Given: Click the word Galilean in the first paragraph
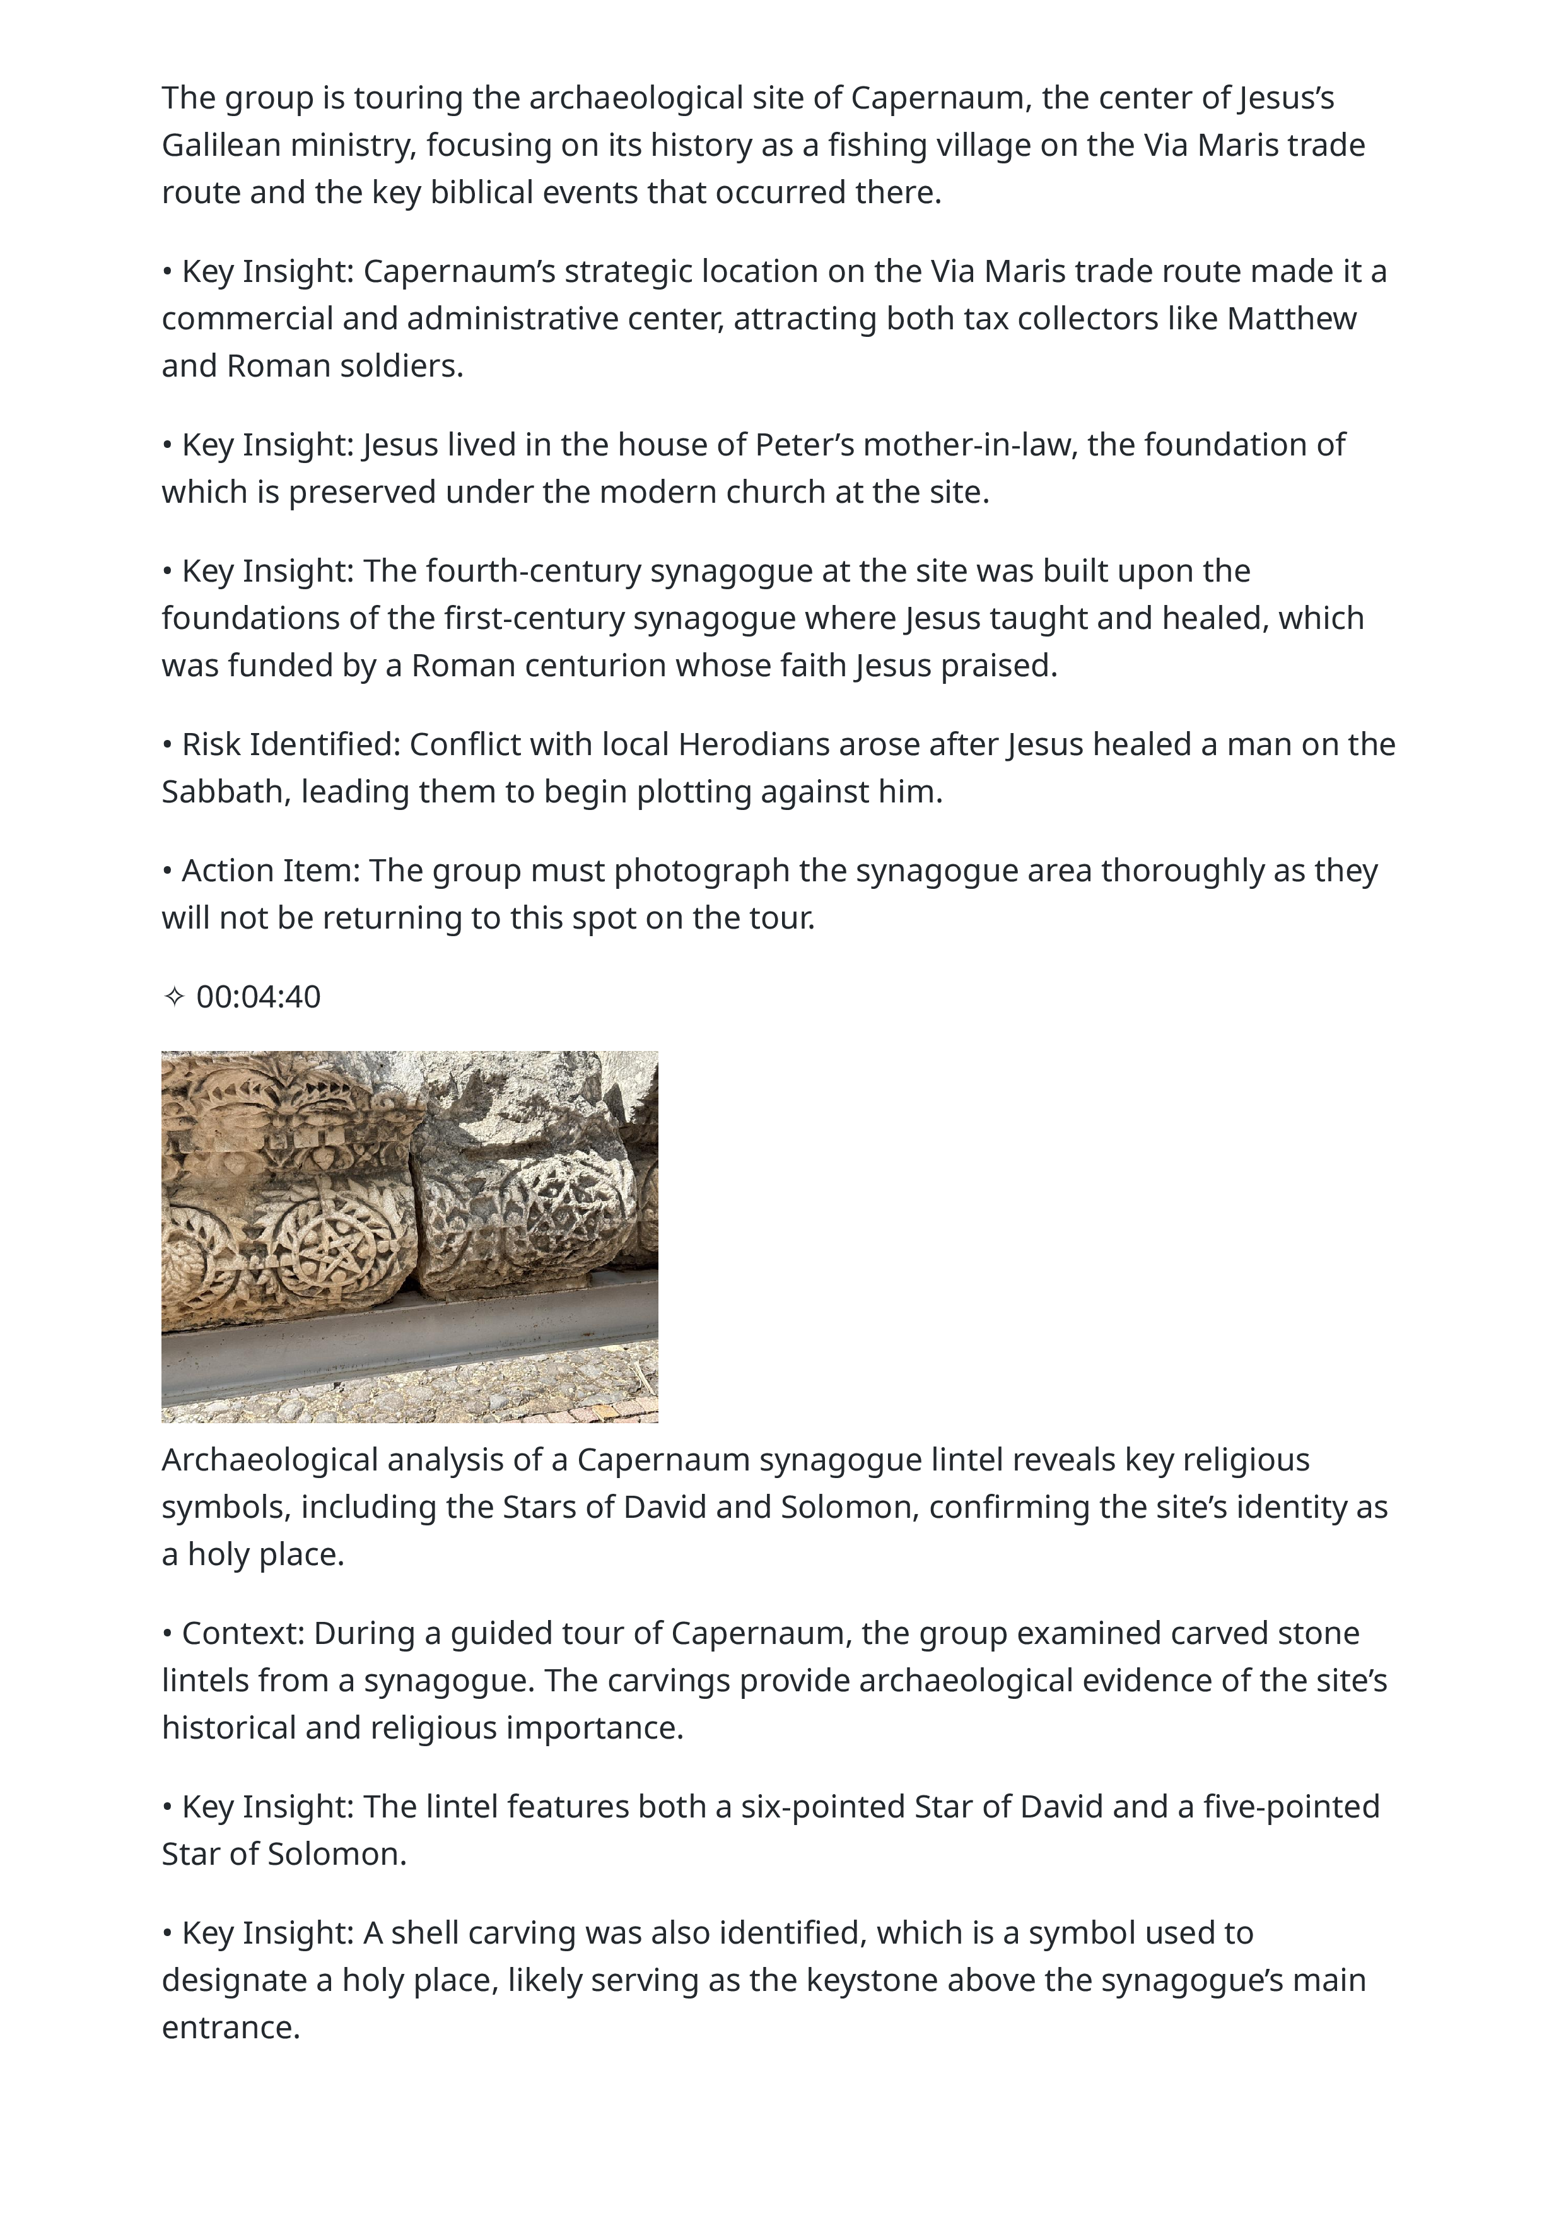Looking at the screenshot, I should pyautogui.click(x=221, y=146).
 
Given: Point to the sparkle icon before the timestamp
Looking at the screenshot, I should pyautogui.click(x=173, y=997).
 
